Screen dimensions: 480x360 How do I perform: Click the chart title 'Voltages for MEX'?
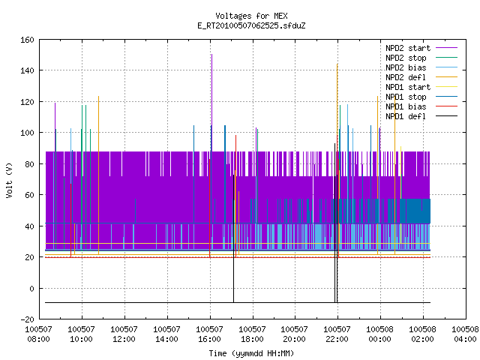(x=251, y=16)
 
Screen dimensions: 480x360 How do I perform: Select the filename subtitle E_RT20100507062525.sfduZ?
(x=251, y=25)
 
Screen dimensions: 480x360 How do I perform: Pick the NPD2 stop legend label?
(x=406, y=58)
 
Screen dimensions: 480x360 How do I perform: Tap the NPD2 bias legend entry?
(x=406, y=67)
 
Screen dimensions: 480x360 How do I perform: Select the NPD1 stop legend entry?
(x=406, y=97)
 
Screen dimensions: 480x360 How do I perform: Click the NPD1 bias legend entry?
(x=406, y=106)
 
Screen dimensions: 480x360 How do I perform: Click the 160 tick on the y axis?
(x=27, y=40)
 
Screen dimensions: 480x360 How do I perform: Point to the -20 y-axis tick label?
(x=27, y=319)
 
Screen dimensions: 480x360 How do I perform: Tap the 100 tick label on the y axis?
(x=27, y=133)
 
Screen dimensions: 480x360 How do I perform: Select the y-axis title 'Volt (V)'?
(x=9, y=180)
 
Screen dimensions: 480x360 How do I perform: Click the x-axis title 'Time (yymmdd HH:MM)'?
(x=251, y=353)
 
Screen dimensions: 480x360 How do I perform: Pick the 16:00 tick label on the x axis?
(x=209, y=339)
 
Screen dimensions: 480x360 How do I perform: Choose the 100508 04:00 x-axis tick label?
(x=465, y=334)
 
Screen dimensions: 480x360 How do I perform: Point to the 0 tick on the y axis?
(x=31, y=289)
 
